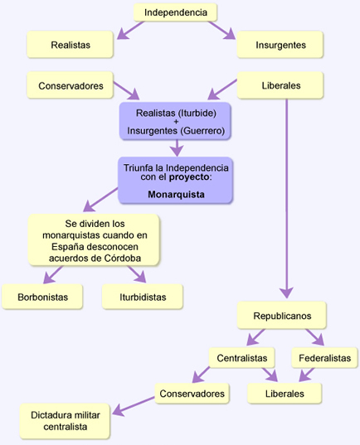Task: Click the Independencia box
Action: pos(175,12)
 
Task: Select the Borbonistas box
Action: pos(42,297)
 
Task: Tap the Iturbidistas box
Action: pos(143,297)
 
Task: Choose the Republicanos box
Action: pos(282,315)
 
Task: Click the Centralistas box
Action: pos(242,358)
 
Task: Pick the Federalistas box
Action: pos(325,358)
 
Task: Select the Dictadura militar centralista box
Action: pos(65,421)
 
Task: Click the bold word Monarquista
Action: pos(176,195)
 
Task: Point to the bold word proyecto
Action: pos(189,177)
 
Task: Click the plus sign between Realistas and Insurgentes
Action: pos(176,122)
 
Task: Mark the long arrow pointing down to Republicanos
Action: pos(286,198)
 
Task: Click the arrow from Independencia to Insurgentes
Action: pos(221,30)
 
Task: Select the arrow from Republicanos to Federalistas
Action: pos(315,337)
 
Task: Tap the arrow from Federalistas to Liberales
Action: pos(307,375)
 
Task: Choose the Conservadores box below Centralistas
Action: pos(192,394)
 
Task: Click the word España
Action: pos(68,246)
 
